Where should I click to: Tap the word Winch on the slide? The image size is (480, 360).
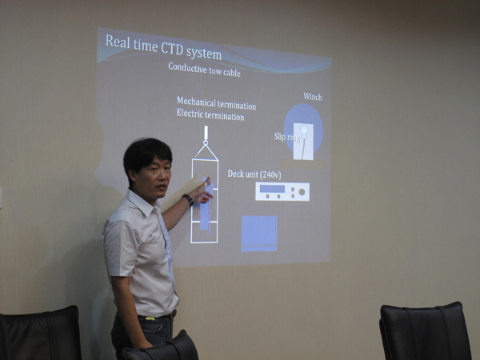(313, 97)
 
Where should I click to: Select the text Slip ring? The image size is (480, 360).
(286, 137)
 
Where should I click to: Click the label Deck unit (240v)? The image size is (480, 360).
(254, 174)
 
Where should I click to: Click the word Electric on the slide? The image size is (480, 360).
(190, 114)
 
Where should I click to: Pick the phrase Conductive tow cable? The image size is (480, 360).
(204, 70)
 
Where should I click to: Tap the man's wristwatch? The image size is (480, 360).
(188, 199)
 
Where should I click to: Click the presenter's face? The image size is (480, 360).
(155, 179)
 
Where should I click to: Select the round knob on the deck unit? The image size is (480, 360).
(302, 192)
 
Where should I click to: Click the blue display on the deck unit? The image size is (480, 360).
(272, 188)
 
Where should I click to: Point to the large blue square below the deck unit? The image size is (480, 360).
(259, 234)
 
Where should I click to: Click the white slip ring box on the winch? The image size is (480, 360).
(303, 141)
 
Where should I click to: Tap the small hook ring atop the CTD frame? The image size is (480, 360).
(206, 142)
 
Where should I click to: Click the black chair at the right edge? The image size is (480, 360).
(426, 331)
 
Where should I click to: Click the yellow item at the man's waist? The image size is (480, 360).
(150, 318)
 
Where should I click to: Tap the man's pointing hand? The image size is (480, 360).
(202, 192)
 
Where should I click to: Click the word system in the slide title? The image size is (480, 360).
(204, 54)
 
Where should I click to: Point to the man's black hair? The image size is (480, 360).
(146, 155)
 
